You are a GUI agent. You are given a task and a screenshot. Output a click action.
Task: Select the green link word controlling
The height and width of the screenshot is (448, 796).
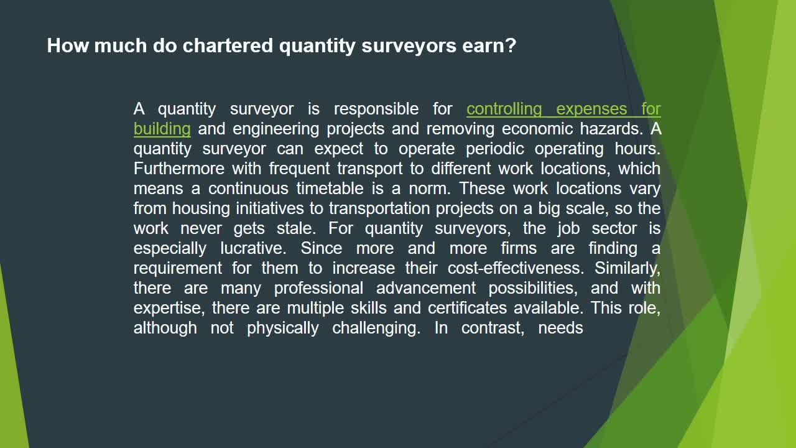[x=504, y=109]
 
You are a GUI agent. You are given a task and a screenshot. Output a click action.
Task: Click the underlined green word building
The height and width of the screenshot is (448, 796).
[x=162, y=129]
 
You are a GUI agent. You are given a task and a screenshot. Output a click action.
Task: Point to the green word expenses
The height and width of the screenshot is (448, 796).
[x=591, y=109]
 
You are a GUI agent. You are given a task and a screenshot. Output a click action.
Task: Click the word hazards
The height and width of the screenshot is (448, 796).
[x=611, y=129]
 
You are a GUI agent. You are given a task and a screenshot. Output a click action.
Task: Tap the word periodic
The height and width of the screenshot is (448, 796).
[x=494, y=149]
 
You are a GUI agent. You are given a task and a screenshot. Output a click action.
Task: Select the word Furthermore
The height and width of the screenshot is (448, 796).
[x=179, y=169]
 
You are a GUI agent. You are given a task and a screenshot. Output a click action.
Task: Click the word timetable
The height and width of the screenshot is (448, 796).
[x=330, y=189]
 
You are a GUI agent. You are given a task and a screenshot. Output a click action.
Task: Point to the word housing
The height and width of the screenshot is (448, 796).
[x=201, y=208]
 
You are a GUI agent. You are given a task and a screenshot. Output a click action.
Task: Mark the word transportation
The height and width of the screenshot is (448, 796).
[x=379, y=208]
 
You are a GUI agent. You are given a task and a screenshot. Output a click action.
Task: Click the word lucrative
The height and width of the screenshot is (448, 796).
[x=253, y=248]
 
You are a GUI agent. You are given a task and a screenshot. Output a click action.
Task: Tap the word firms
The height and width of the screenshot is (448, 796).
[x=519, y=248]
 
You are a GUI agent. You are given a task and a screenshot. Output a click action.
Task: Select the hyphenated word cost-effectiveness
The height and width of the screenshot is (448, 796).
[x=516, y=268]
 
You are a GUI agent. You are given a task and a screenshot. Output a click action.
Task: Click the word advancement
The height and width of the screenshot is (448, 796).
[x=426, y=288]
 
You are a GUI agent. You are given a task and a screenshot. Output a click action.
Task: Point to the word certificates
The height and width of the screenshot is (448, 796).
[x=467, y=308]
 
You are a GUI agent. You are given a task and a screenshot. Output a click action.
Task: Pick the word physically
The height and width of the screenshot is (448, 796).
[x=283, y=328]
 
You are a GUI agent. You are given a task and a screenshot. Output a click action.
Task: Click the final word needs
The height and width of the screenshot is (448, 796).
[x=561, y=328]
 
